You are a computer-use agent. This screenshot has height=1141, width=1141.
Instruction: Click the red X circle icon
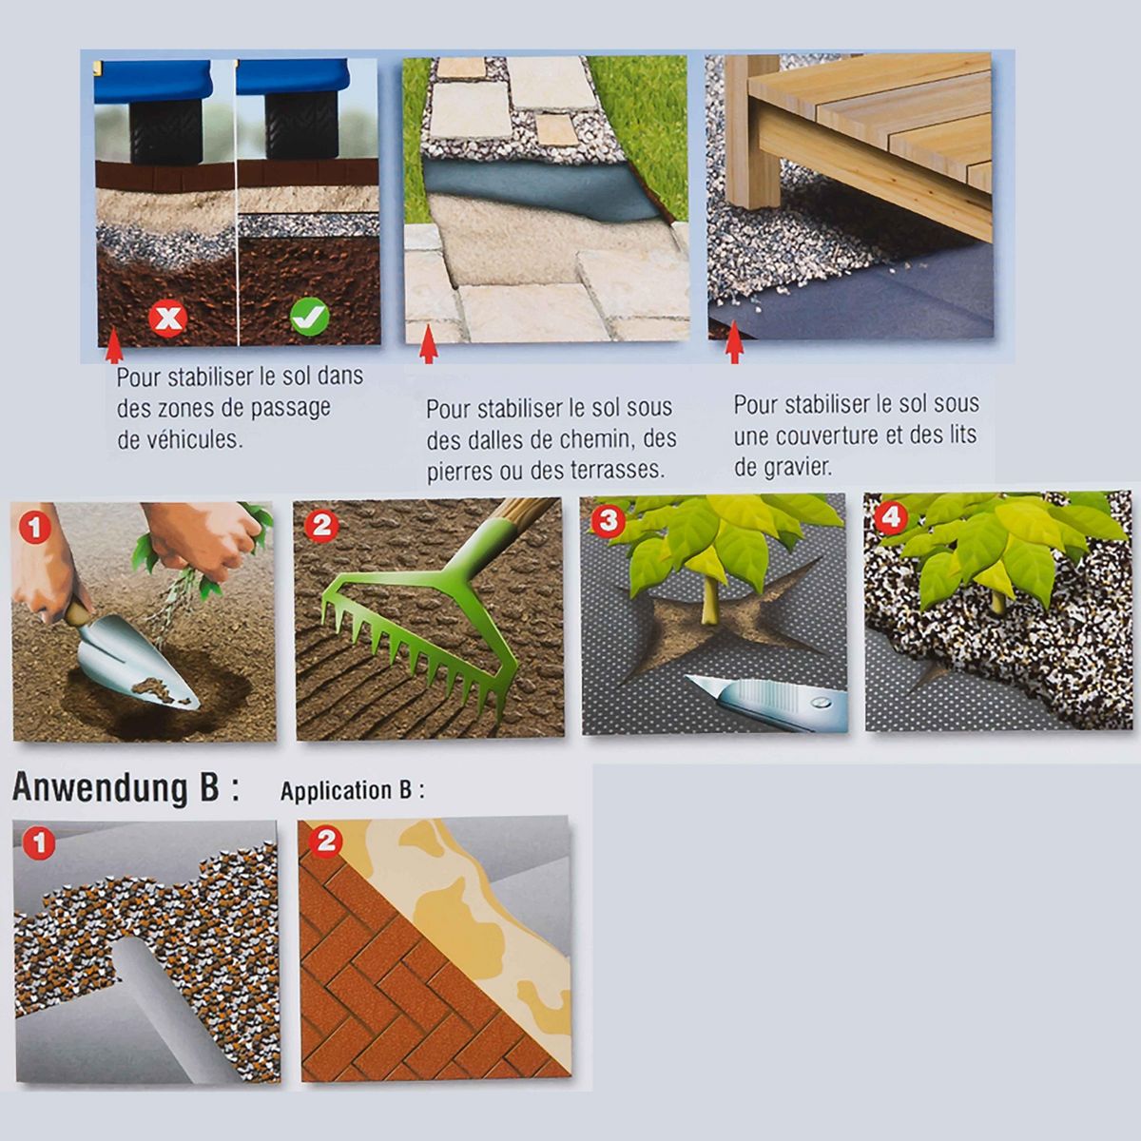pos(168,319)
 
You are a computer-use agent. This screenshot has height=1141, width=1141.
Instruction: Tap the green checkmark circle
pos(310,317)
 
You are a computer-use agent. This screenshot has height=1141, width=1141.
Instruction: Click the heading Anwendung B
pos(126,788)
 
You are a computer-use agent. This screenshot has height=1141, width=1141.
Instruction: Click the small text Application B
pos(353,791)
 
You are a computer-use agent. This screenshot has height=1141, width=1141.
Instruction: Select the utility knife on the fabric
pos(764,703)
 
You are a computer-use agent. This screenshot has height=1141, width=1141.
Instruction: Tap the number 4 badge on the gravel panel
pos(891,517)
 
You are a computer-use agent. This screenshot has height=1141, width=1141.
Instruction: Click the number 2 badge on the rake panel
pos(321,526)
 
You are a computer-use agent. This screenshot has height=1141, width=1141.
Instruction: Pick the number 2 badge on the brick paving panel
pos(326,842)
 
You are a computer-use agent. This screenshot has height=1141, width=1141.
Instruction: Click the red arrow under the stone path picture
pos(428,351)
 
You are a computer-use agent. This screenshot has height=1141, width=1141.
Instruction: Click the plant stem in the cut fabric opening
pos(708,598)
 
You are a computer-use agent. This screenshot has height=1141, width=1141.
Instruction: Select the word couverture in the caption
pos(823,436)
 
